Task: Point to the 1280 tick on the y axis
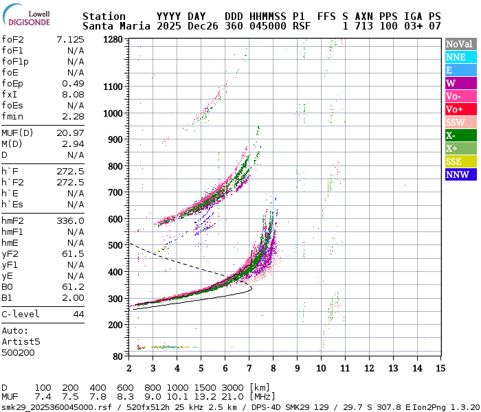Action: point(113,40)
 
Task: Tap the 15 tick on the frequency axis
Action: point(439,368)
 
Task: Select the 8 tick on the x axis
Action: point(273,368)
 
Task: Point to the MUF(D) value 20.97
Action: point(71,133)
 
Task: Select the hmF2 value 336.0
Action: point(71,221)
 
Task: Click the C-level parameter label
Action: point(21,314)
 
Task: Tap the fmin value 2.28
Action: point(74,116)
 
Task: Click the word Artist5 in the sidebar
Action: point(21,341)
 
